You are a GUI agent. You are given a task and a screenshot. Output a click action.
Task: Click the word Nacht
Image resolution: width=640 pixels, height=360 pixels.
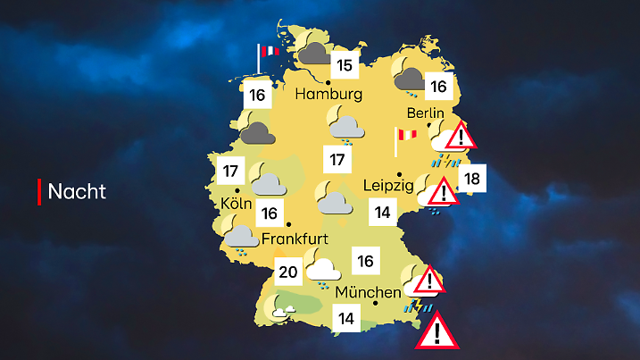77,191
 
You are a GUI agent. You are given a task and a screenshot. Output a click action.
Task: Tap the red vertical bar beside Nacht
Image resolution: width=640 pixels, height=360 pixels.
39,191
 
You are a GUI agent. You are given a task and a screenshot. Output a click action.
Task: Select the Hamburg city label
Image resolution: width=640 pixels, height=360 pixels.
329,94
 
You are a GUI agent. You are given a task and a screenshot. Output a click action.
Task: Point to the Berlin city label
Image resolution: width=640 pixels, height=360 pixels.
425,113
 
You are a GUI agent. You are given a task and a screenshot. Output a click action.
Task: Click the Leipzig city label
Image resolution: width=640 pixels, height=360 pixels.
388,186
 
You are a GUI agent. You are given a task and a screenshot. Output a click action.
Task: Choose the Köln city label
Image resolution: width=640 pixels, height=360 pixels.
237,203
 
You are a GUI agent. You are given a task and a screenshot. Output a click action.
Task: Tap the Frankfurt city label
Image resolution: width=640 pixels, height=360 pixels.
296,239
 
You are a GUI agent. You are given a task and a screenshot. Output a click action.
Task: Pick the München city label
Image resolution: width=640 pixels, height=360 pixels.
368,292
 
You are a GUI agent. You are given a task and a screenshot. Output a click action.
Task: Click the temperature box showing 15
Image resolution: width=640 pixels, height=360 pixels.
345,65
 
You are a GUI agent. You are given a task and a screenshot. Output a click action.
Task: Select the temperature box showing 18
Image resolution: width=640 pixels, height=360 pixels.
472,180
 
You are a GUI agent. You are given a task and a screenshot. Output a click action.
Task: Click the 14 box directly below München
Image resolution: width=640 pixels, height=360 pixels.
346,317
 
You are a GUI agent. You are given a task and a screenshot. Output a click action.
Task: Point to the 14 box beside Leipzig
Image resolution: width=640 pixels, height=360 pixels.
383,213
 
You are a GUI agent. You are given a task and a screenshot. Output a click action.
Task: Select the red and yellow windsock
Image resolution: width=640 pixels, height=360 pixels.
406,135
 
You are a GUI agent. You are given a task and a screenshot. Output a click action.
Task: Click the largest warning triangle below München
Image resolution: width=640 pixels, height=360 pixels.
436,333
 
